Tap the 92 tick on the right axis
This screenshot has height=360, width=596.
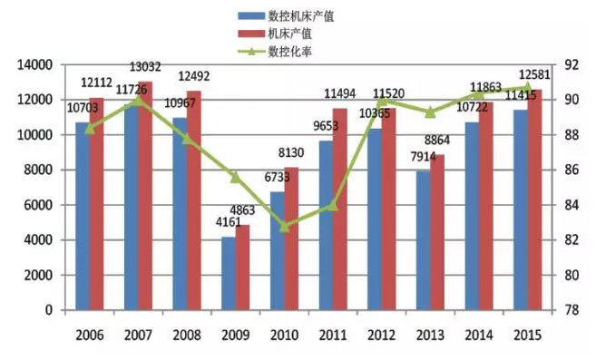[x=571, y=65]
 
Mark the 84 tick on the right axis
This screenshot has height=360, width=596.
[x=571, y=205]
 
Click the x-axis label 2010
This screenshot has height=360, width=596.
[x=284, y=335]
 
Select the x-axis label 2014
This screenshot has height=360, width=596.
[x=479, y=335]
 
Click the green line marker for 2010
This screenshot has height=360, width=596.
[x=284, y=226]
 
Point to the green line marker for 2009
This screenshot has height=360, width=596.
[x=235, y=177]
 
